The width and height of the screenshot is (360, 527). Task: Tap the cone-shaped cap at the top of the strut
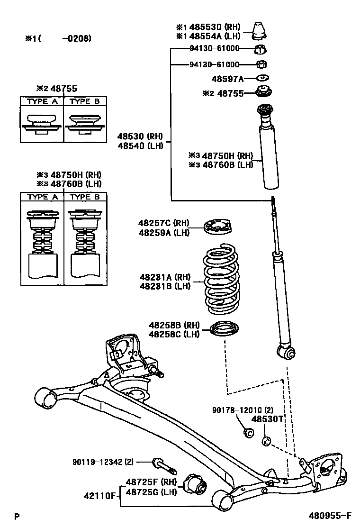pyautogui.click(x=260, y=31)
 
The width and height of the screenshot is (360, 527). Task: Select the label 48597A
pyautogui.click(x=228, y=78)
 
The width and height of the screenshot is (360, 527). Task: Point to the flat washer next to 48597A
pyautogui.click(x=262, y=78)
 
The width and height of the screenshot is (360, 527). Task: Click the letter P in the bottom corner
pyautogui.click(x=17, y=517)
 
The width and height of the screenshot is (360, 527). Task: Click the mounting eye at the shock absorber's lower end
pyautogui.click(x=286, y=352)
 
